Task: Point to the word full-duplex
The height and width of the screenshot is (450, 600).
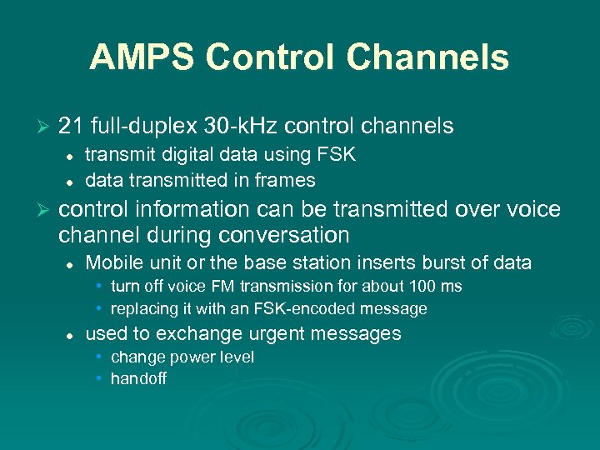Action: pyautogui.click(x=142, y=127)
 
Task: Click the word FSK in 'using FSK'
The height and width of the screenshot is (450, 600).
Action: pyautogui.click(x=337, y=155)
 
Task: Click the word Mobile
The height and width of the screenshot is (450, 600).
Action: pyautogui.click(x=114, y=263)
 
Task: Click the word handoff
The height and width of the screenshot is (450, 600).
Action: pyautogui.click(x=138, y=379)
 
